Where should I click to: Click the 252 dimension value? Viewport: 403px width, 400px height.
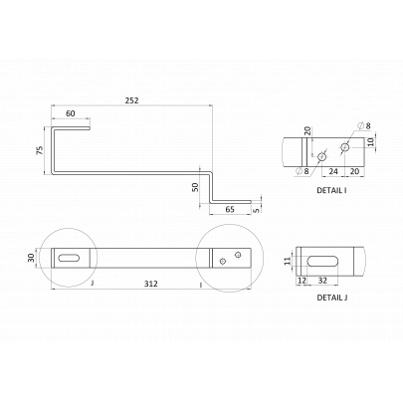tap(131, 100)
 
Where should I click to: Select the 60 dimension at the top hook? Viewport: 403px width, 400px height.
tap(71, 113)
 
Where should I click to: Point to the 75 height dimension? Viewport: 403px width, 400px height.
tap(40, 150)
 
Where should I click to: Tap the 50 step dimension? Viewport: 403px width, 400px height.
tap(195, 187)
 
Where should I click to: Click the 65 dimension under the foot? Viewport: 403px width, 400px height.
tap(230, 209)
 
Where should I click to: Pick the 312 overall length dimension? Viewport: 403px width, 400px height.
tap(151, 284)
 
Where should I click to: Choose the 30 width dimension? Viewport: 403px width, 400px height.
tap(31, 258)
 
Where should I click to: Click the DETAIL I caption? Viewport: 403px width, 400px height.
tap(332, 190)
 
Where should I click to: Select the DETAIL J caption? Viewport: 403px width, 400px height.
tap(332, 298)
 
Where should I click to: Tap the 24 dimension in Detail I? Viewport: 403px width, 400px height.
tap(333, 171)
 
